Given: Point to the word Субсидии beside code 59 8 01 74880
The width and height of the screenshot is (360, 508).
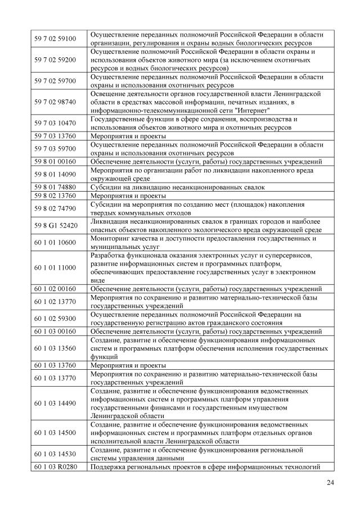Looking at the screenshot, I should pos(108,187).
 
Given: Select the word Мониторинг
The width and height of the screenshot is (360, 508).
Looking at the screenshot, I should pos(112,238).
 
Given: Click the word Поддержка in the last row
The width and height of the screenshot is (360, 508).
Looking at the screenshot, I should pos(111,466).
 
